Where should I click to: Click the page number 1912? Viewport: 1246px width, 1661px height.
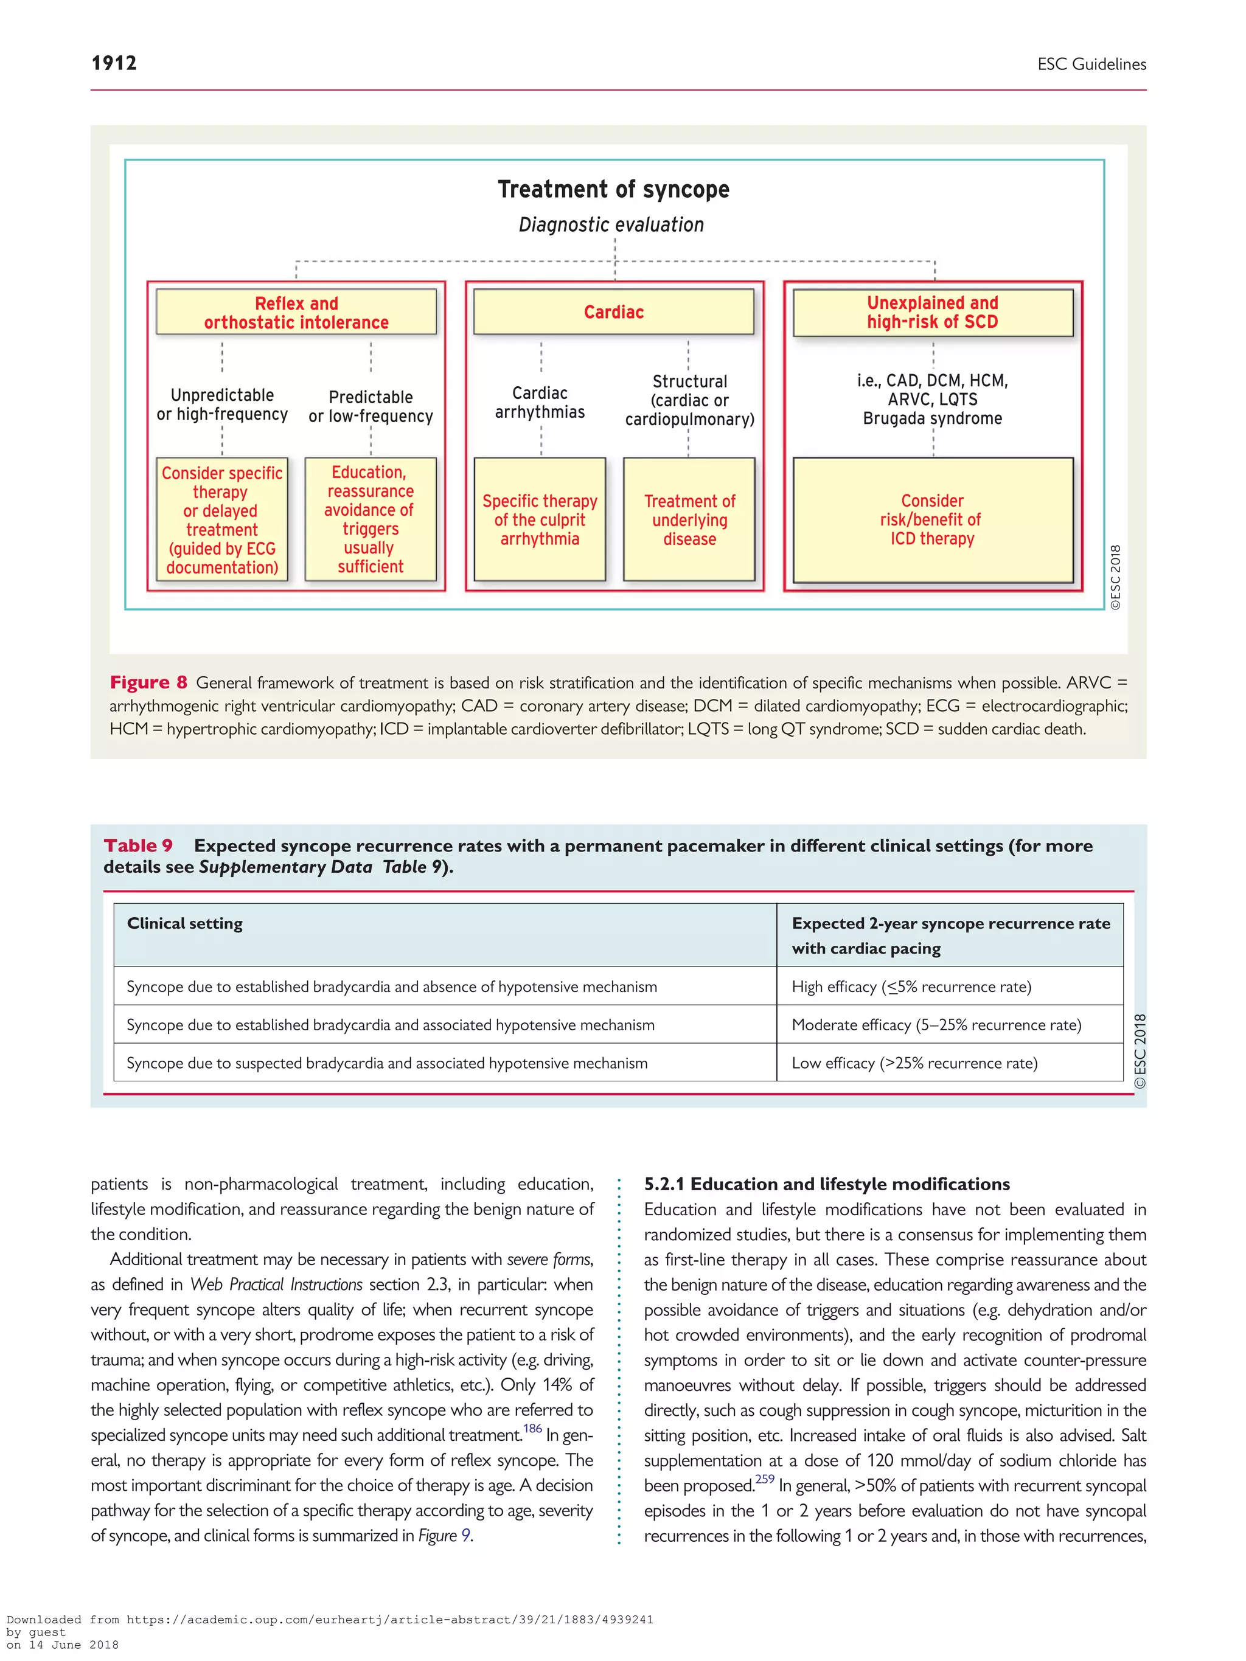click(x=114, y=63)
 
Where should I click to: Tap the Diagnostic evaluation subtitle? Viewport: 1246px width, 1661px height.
click(x=611, y=224)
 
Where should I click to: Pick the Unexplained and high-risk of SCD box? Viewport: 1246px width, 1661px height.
click(x=932, y=313)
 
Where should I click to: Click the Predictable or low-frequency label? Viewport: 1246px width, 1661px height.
click(x=371, y=406)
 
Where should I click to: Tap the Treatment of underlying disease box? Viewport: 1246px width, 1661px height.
click(x=689, y=519)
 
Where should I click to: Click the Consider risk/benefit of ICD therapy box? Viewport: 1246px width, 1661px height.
click(x=932, y=519)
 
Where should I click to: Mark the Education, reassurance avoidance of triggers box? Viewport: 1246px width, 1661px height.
click(x=371, y=519)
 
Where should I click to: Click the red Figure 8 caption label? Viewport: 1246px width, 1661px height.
click(x=148, y=682)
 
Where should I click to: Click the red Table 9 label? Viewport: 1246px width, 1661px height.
click(x=138, y=845)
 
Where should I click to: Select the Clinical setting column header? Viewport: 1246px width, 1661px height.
click(x=185, y=924)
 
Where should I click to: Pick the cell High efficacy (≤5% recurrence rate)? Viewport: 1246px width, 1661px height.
click(x=911, y=987)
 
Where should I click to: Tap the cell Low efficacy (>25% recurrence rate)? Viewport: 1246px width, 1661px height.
click(x=914, y=1063)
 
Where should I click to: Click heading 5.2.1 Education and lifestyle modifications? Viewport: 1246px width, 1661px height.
click(x=826, y=1184)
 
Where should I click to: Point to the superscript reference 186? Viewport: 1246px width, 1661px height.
click(x=532, y=1428)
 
